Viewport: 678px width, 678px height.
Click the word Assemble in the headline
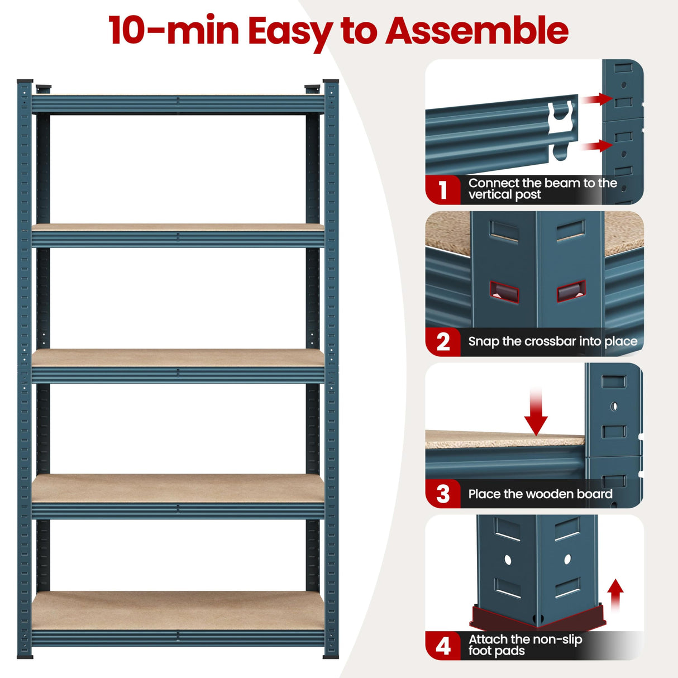pos(477,31)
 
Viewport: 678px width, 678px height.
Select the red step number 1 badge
pos(443,190)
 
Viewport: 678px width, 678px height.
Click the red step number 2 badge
pos(443,342)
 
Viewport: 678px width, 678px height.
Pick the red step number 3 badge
pos(443,494)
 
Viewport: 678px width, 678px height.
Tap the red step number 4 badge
pos(443,646)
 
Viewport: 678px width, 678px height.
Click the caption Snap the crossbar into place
pos(552,341)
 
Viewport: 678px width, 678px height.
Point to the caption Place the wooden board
pos(540,494)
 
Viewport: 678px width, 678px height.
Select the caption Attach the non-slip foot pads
pos(525,645)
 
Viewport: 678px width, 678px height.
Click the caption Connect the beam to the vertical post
pos(542,189)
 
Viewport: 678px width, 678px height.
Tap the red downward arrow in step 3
pos(536,413)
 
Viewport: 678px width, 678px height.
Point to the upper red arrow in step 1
pos(596,99)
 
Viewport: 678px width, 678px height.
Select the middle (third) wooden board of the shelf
pos(178,357)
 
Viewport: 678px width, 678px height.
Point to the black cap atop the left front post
pos(25,82)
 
